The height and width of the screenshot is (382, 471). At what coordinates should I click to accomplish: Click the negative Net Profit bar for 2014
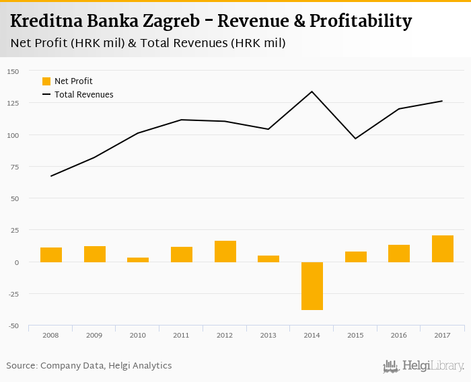(x=312, y=286)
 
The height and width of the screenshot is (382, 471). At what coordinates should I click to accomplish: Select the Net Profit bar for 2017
(x=443, y=249)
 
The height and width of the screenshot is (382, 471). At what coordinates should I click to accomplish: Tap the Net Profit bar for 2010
(x=138, y=260)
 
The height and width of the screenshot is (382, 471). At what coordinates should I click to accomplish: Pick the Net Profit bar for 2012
(x=225, y=252)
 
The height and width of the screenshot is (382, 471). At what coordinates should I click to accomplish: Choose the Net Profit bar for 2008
(x=51, y=255)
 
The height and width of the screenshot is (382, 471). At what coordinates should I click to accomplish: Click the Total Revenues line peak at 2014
(x=312, y=91)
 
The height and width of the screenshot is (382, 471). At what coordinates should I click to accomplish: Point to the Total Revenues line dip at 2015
(x=355, y=139)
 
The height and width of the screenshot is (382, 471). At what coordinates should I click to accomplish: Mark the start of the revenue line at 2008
(x=51, y=176)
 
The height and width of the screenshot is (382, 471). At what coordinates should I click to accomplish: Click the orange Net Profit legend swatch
(x=46, y=81)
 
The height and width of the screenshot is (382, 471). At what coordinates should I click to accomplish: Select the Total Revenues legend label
(x=84, y=95)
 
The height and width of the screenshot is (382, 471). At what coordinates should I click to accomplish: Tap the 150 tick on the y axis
(x=13, y=71)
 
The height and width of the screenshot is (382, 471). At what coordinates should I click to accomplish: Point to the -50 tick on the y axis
(x=13, y=326)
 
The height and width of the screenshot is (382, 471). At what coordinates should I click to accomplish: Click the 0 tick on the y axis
(x=17, y=262)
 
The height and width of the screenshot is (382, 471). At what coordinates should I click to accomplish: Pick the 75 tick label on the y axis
(x=15, y=167)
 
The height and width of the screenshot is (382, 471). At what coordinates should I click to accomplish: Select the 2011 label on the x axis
(x=182, y=334)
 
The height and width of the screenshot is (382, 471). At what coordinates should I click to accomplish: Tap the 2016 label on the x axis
(x=399, y=334)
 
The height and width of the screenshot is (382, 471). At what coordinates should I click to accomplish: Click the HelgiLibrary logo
(x=423, y=366)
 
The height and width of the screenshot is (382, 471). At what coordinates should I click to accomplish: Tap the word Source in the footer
(x=22, y=366)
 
